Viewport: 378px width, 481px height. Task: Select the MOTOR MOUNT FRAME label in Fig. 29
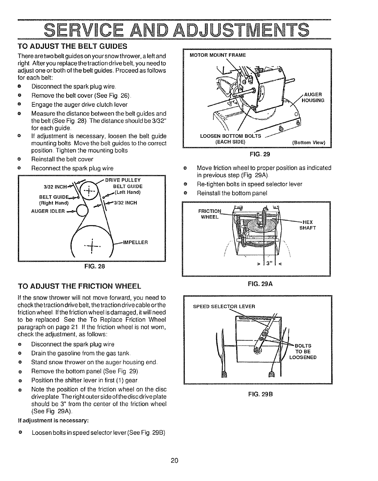pos(217,55)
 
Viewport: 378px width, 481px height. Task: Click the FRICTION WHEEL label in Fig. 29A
pos(210,214)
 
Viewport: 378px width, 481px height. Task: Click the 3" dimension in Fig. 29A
pos(268,264)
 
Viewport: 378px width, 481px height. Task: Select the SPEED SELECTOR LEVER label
pos(224,306)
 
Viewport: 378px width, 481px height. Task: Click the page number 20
pos(174,461)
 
